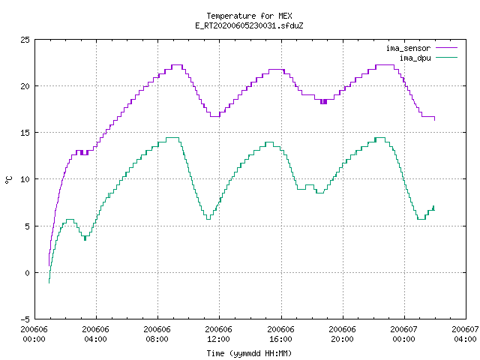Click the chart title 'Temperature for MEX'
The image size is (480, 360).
[x=249, y=16]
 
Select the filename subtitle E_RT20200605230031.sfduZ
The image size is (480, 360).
[x=249, y=25]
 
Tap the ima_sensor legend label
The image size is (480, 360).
[x=408, y=48]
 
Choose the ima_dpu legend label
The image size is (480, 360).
[x=415, y=58]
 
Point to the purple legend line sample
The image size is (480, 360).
[x=447, y=48]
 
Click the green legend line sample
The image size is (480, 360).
[x=447, y=57]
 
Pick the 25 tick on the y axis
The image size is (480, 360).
[x=25, y=40]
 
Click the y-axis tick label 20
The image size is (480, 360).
[x=25, y=86]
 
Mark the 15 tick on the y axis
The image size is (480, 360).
[x=25, y=133]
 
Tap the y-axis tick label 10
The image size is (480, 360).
[x=25, y=179]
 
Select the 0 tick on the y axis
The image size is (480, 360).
[x=27, y=273]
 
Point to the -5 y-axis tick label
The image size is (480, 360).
[x=25, y=319]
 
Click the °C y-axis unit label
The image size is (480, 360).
[x=9, y=180]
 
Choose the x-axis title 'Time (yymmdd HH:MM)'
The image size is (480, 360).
[x=249, y=353]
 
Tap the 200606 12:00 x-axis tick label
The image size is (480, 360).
[x=218, y=334]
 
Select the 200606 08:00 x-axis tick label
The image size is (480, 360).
[x=157, y=334]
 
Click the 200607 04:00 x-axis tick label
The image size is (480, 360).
[x=465, y=334]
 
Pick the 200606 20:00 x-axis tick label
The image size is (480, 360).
[x=342, y=334]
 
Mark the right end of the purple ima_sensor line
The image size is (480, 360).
[x=435, y=120]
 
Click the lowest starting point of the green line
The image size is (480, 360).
[x=49, y=283]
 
